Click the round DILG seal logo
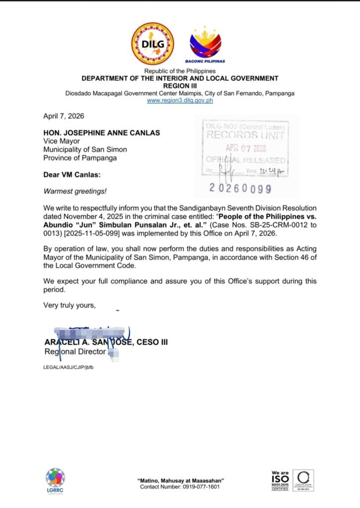[x=152, y=44]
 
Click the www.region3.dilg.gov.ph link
[x=180, y=100]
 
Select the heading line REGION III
[x=180, y=86]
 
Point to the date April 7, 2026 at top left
[x=63, y=116]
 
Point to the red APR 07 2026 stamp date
[x=246, y=148]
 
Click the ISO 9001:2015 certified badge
[x=280, y=480]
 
